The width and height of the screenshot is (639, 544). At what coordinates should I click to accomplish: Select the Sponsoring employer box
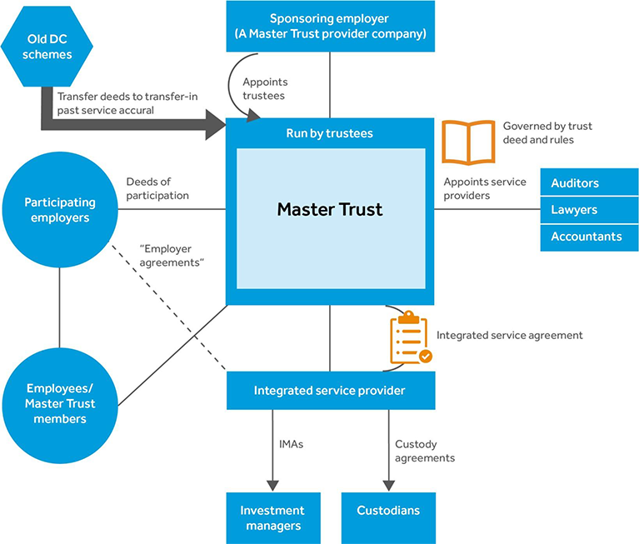(x=330, y=27)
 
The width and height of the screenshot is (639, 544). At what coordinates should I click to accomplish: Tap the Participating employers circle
(x=60, y=210)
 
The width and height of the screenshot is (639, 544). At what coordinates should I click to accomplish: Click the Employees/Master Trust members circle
(x=60, y=403)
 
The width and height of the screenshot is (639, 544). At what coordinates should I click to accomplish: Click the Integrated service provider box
(x=330, y=391)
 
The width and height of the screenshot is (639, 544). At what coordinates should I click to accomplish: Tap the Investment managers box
(x=272, y=517)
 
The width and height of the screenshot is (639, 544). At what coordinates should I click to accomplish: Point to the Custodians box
(x=388, y=511)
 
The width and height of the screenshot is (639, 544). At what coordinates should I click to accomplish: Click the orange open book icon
(x=467, y=141)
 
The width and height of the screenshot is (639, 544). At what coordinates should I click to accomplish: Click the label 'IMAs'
(x=291, y=444)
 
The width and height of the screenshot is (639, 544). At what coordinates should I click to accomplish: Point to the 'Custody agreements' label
(x=425, y=451)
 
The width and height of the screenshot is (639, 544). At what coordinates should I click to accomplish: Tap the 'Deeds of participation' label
(x=157, y=188)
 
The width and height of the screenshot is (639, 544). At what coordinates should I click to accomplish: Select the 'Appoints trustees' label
(x=264, y=89)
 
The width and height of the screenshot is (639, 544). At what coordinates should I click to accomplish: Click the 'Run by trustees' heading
(x=330, y=133)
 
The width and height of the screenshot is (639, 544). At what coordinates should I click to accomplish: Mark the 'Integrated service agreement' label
(x=509, y=335)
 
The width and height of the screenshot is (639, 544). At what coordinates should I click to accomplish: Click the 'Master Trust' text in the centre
(x=330, y=209)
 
